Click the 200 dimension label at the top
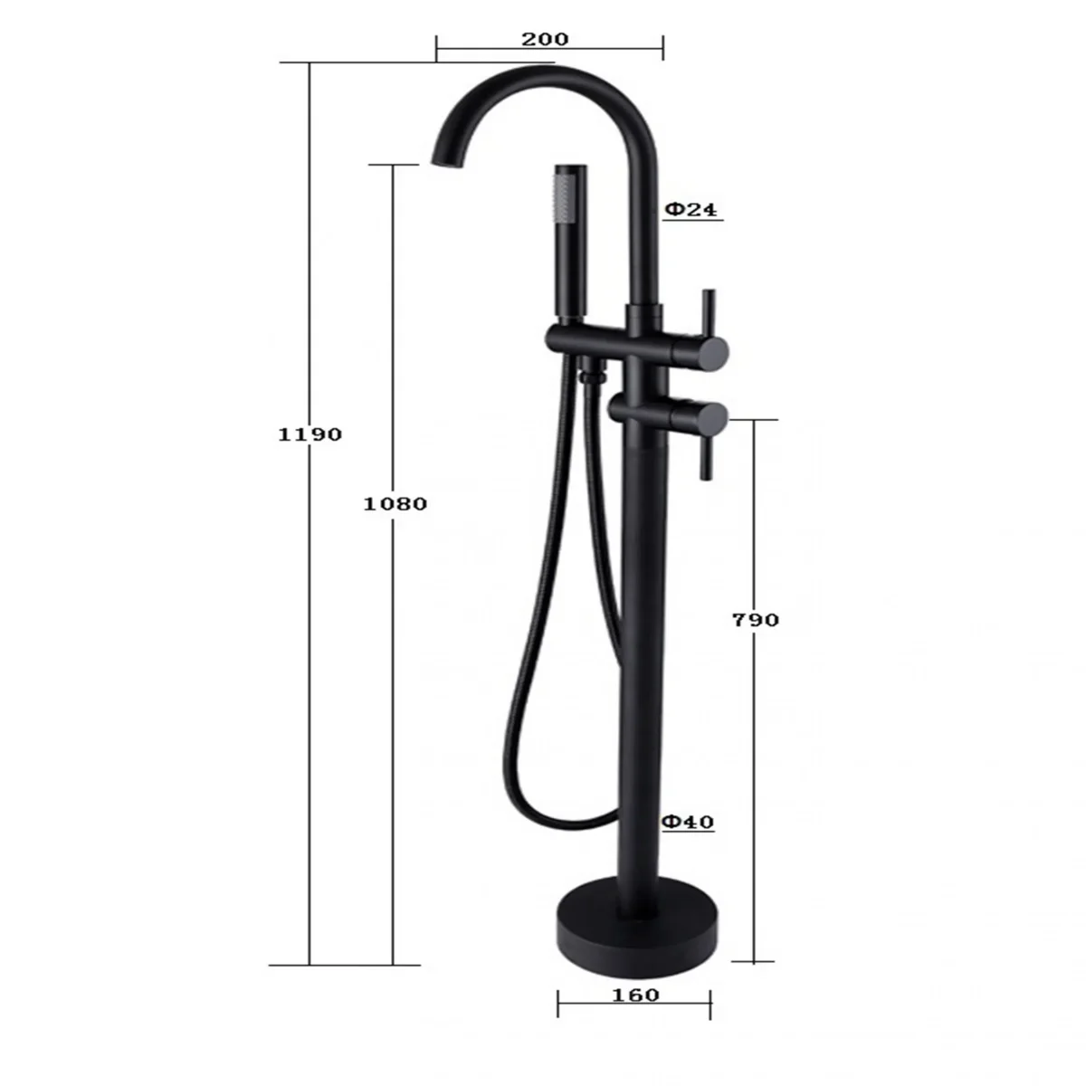point(545,40)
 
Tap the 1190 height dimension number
point(310,434)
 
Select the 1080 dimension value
point(395,504)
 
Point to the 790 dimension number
point(755,621)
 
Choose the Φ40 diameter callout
point(688,823)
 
